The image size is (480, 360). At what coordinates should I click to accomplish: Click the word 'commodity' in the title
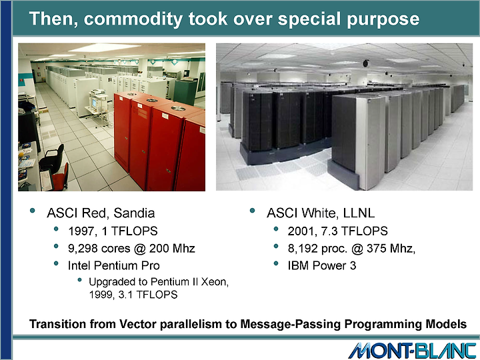tap(133, 19)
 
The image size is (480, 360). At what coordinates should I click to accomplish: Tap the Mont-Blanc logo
tap(412, 351)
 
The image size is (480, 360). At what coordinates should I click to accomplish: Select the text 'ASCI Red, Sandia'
tap(101, 213)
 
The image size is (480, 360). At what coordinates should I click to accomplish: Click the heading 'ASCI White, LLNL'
tap(321, 213)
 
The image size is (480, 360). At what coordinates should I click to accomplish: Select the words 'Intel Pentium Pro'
tap(114, 265)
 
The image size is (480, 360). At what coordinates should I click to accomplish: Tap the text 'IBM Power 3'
tap(322, 265)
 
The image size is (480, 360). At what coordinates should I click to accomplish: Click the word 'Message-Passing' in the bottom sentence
tap(290, 324)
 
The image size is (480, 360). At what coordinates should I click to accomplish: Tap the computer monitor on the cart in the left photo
tap(94, 103)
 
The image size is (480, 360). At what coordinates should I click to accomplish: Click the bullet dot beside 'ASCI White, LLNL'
tap(252, 211)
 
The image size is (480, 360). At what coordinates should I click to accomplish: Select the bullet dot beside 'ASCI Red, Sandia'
tap(33, 211)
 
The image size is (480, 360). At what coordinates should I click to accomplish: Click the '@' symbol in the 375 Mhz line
tap(357, 249)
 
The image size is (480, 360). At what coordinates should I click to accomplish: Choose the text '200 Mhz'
tap(172, 249)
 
